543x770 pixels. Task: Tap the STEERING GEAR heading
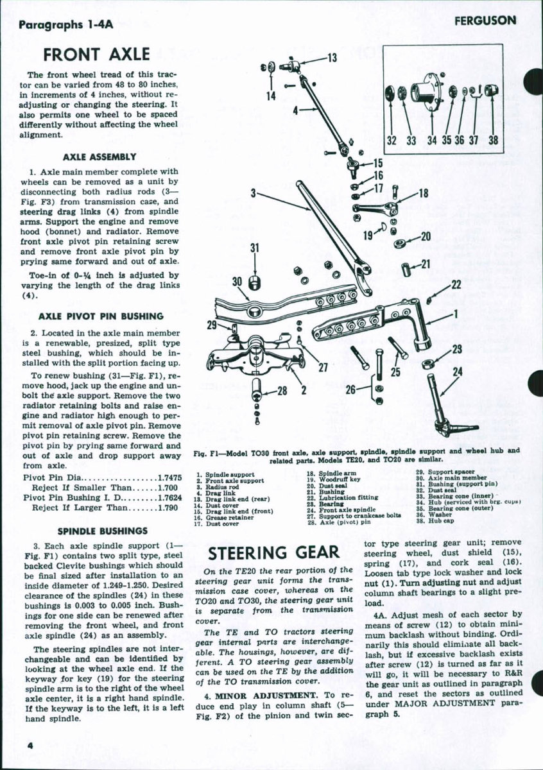pos(274,552)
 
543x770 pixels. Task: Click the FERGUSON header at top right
pos(485,21)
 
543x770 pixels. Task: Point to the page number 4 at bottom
pos(30,744)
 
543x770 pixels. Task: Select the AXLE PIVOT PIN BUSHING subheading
pos(101,316)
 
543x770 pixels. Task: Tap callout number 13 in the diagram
pos(332,58)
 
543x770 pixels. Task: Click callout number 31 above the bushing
pos(255,248)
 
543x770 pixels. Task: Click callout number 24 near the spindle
pos(457,371)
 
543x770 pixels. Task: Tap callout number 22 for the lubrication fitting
pos(456,284)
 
